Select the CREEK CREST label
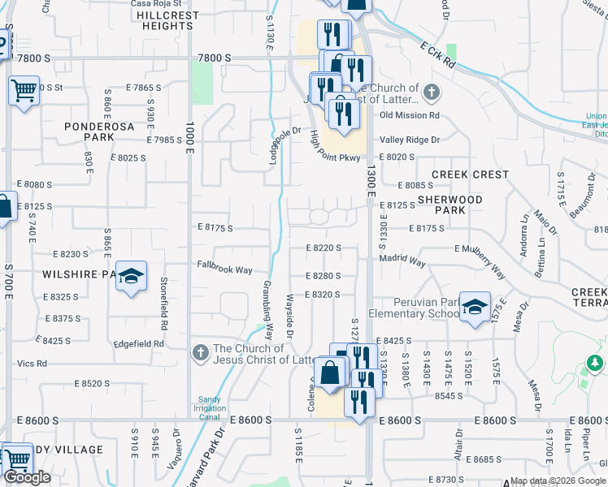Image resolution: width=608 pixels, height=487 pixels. [x=470, y=175]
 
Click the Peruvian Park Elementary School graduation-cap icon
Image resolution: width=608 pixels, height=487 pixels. [x=475, y=307]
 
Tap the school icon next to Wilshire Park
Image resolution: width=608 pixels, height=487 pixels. [x=131, y=277]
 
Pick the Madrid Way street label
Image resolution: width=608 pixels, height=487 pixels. [x=402, y=262]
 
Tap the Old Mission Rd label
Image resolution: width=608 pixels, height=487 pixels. [x=410, y=115]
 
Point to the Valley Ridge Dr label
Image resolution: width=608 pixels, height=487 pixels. [x=409, y=140]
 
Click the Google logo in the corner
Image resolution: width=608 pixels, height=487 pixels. [x=27, y=477]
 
